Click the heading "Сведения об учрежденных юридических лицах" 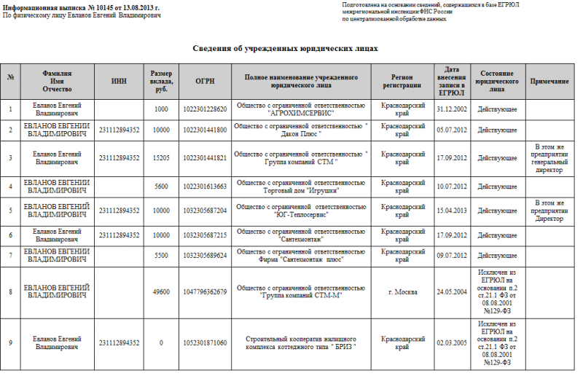(286, 48)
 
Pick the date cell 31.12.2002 (450, 109)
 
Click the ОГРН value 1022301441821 (205, 158)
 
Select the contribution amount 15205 (161, 158)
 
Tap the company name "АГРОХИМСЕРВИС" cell (302, 109)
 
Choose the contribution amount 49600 (161, 292)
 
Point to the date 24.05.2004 (450, 292)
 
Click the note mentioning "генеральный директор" (549, 158)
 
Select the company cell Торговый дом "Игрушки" (302, 186)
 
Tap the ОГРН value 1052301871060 (205, 342)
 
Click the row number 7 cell (11, 256)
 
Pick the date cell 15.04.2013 (450, 210)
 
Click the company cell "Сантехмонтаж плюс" (302, 256)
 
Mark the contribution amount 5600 (161, 186)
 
